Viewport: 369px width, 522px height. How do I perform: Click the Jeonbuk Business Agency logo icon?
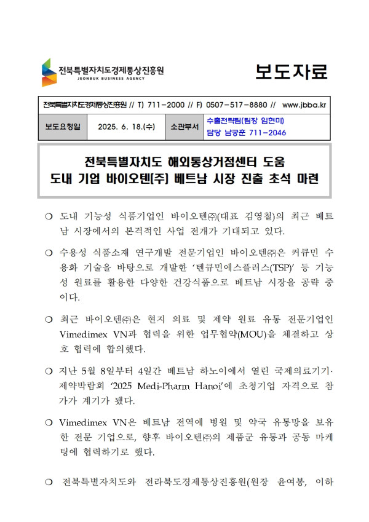(49, 72)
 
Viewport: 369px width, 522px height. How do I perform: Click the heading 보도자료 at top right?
(292, 72)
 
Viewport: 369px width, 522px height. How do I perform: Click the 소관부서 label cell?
(184, 127)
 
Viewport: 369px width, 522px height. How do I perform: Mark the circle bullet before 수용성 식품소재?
(49, 253)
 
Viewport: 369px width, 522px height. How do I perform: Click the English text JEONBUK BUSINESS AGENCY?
(93, 78)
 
